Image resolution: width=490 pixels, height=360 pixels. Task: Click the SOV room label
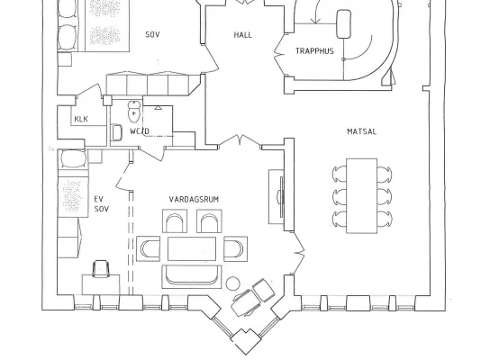tap(152, 34)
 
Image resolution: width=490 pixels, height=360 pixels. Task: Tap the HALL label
tap(243, 35)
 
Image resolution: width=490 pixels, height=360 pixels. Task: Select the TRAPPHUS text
tap(314, 51)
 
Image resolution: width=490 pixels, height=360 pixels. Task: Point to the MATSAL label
tap(361, 131)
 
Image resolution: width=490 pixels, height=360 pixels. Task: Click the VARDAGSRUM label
tap(194, 200)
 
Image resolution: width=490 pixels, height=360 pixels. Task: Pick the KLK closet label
tap(81, 119)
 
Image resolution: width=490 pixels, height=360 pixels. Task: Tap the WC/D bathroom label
tap(140, 131)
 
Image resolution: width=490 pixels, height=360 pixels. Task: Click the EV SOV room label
tap(102, 204)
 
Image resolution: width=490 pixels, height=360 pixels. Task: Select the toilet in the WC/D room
tap(134, 112)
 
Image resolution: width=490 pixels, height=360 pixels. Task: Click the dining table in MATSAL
tap(361, 196)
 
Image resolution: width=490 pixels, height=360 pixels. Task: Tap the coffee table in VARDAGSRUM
tap(192, 248)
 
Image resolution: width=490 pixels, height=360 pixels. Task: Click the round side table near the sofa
tap(232, 283)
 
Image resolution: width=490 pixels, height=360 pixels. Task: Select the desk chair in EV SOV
tap(101, 269)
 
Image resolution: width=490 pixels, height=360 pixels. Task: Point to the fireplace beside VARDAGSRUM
tap(281, 197)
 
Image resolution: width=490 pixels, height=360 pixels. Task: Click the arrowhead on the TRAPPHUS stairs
tap(316, 21)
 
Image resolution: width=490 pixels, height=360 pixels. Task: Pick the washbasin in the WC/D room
tap(116, 132)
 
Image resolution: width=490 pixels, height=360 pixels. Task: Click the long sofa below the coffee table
tap(192, 276)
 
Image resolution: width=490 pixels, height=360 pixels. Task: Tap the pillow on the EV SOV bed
tap(74, 159)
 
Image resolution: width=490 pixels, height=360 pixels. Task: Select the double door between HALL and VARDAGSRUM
tap(240, 140)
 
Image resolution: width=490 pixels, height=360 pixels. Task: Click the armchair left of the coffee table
tap(148, 248)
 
